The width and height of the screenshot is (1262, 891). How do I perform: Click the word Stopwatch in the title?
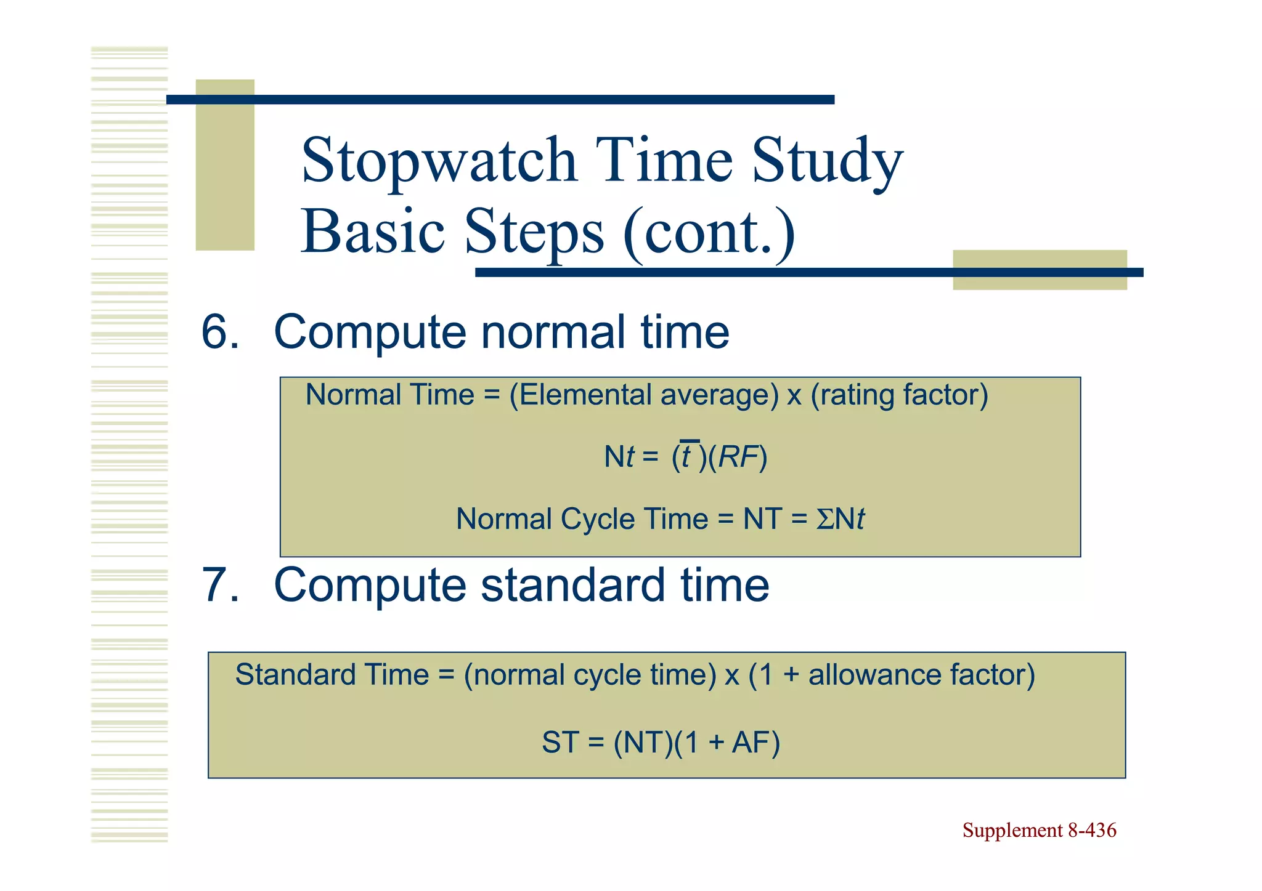click(439, 161)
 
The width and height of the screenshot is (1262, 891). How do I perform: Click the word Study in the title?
click(827, 161)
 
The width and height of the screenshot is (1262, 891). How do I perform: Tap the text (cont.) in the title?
click(709, 233)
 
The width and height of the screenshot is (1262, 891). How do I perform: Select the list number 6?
click(219, 333)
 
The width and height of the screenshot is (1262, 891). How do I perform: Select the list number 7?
click(219, 586)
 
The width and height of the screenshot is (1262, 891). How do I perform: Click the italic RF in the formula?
click(738, 458)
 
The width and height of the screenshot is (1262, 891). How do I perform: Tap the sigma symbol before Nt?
click(824, 520)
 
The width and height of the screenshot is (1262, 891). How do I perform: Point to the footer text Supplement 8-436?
click(1039, 831)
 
